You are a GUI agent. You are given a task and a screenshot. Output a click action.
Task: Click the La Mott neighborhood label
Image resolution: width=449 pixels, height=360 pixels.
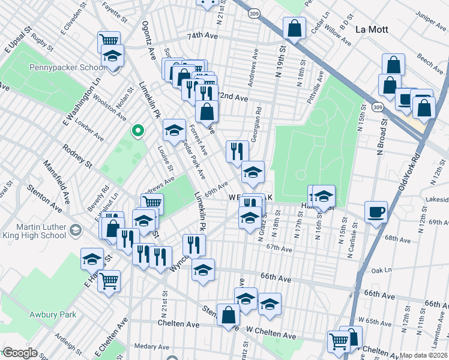[372, 29]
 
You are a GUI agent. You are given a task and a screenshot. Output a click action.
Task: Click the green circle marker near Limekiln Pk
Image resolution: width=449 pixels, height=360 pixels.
[137, 130]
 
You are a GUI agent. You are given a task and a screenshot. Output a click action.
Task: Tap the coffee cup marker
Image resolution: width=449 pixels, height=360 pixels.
[376, 212]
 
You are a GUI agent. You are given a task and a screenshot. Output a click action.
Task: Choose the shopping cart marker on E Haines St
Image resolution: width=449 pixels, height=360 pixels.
[109, 279]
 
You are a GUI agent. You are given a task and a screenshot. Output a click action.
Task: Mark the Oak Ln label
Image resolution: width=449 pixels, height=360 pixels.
[381, 270]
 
